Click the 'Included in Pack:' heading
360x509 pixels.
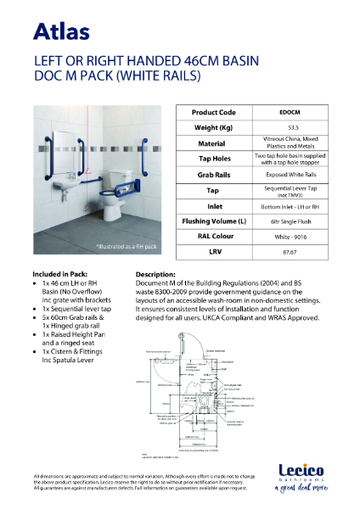(x=60, y=275)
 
